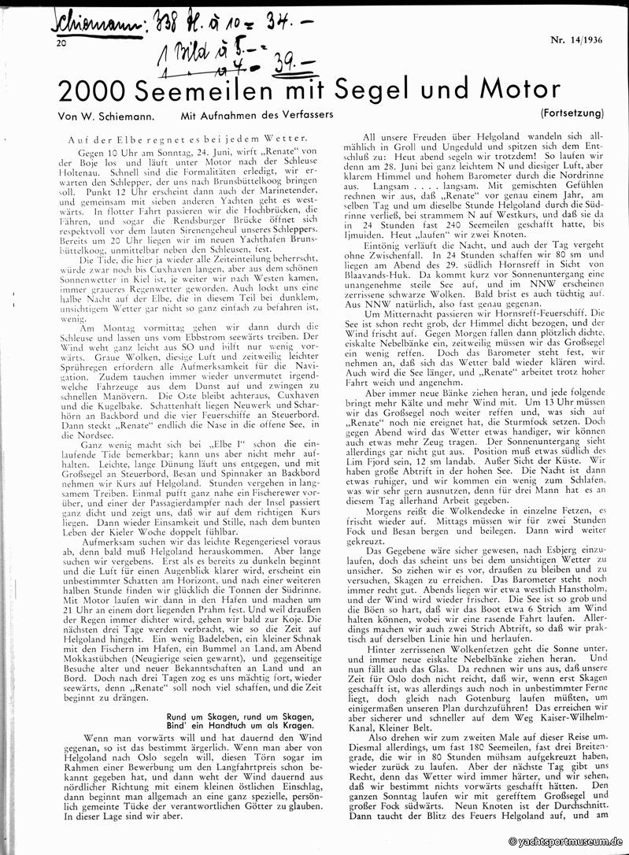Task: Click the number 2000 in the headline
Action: (94, 92)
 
